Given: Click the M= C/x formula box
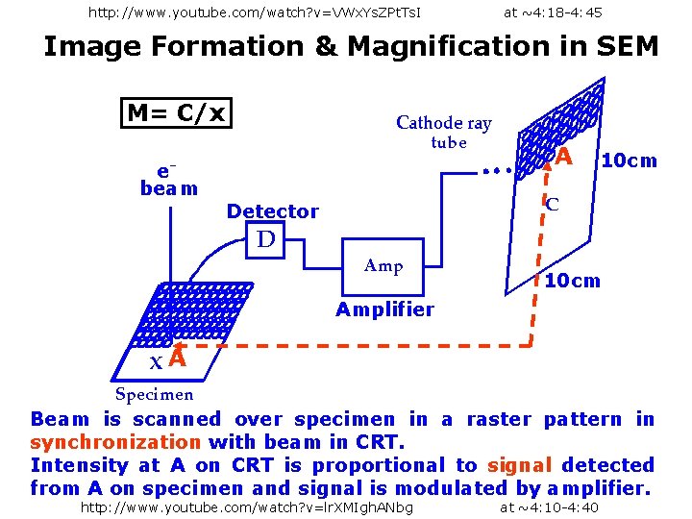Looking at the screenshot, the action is (x=176, y=113).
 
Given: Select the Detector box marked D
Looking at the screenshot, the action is (x=265, y=239).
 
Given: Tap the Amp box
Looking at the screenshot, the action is (x=383, y=267).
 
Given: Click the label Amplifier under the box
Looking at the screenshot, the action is (x=384, y=309).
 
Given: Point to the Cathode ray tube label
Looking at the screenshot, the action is (x=444, y=132).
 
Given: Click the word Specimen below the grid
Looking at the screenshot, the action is (x=154, y=394).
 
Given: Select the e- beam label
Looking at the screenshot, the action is (x=168, y=181).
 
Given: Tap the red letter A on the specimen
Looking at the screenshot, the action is (x=178, y=357).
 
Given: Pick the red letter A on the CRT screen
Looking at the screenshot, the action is (x=563, y=157).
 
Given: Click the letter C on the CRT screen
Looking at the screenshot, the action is (x=552, y=205).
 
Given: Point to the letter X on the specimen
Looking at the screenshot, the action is (x=157, y=362).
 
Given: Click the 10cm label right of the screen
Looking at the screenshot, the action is (x=630, y=161).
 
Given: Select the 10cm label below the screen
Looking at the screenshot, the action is (x=573, y=281).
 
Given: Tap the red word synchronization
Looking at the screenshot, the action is (x=115, y=442).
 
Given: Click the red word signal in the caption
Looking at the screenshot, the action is (x=519, y=465).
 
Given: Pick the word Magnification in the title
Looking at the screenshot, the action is (x=450, y=47).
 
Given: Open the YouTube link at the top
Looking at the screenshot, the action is (x=255, y=12).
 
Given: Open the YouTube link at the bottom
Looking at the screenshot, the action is (x=247, y=508).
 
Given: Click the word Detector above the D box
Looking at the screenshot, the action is (x=273, y=211).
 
